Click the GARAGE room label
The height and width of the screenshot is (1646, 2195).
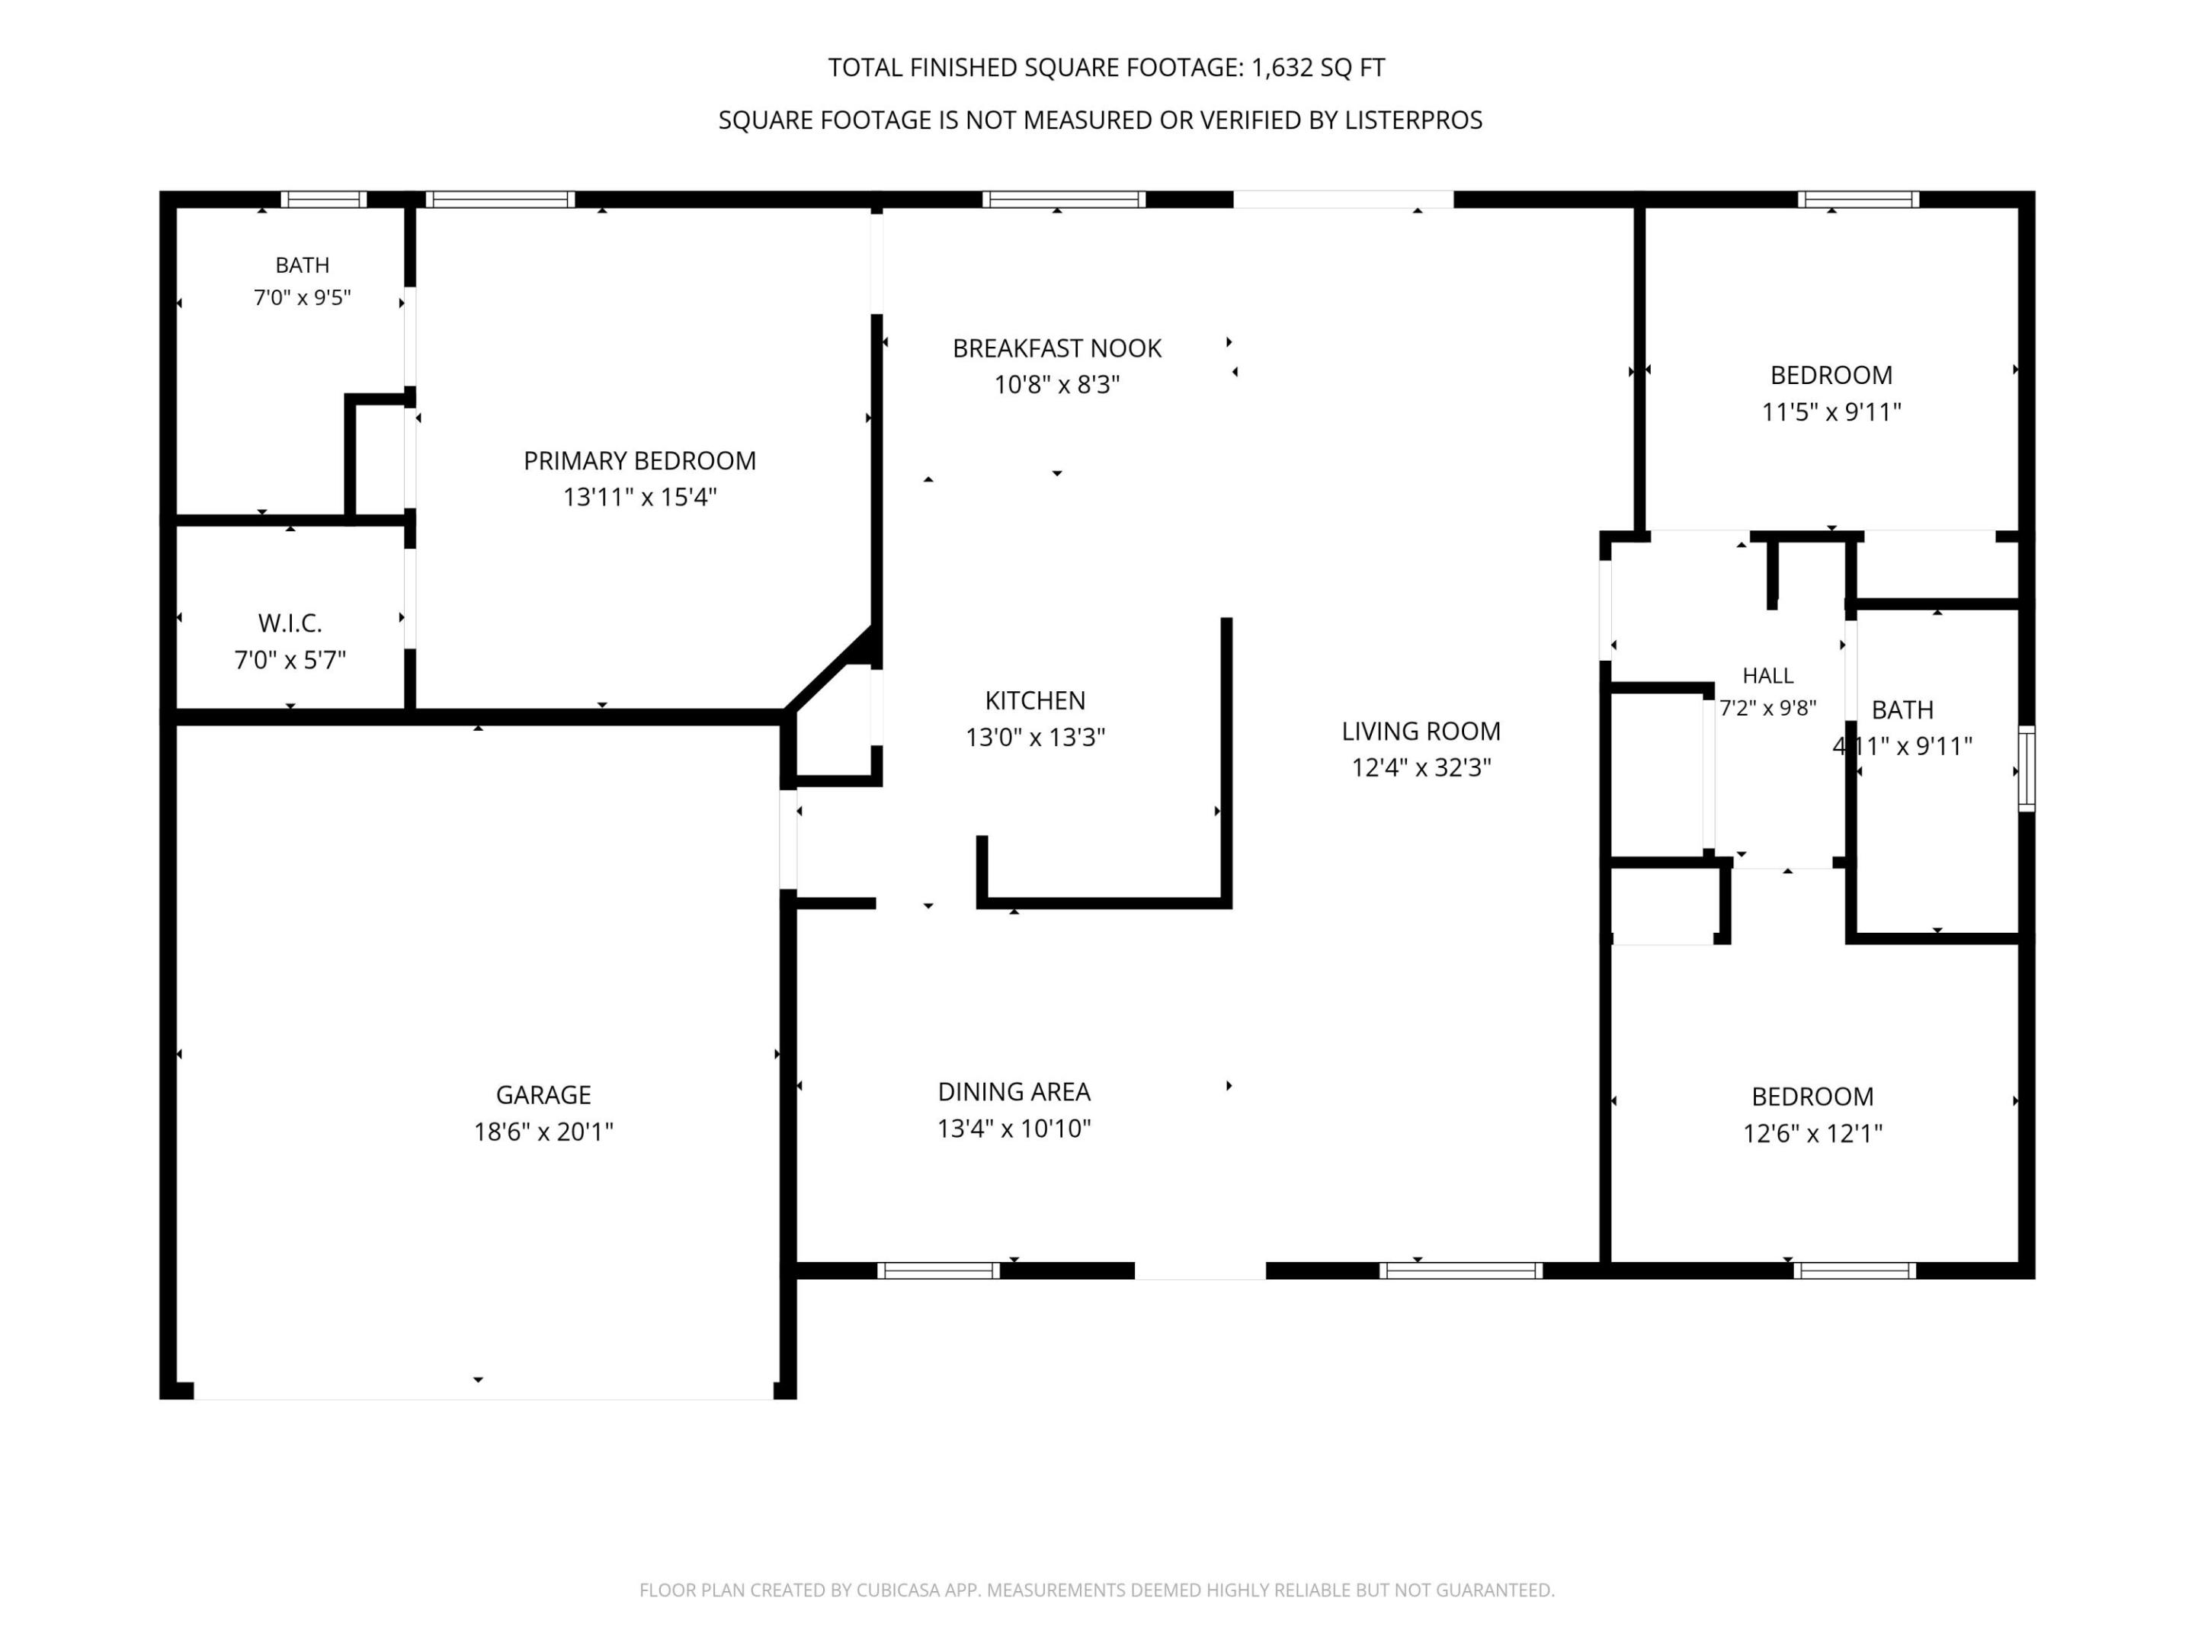pos(543,1095)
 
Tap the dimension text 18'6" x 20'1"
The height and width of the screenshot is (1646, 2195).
pos(543,1132)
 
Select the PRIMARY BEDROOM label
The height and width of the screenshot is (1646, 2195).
pos(640,461)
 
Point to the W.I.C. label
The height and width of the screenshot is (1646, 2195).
pos(290,624)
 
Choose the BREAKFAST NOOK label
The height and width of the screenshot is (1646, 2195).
pos(1057,349)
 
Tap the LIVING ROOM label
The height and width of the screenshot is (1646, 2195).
pos(1421,732)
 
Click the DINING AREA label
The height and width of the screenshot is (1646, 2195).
pos(1014,1092)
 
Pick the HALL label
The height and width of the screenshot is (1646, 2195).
pos(1767,677)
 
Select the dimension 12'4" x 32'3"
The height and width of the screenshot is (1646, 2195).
pos(1421,768)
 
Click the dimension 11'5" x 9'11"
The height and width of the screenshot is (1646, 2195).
pos(1831,411)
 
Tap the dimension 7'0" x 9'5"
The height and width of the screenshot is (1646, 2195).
pos(303,299)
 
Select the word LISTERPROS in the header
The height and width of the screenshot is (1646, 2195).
pos(1413,120)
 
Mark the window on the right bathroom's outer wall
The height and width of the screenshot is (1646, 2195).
pos(2027,769)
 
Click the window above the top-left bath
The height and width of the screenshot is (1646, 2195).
pos(323,200)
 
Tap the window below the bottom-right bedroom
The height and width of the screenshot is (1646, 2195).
pos(1854,1271)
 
